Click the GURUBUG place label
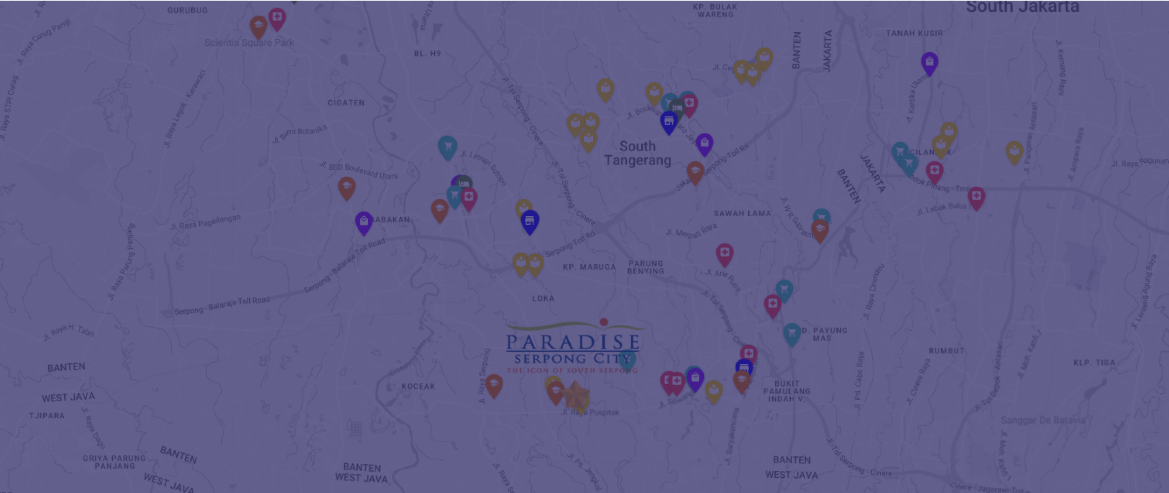coord(187,10)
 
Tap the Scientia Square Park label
coord(249,43)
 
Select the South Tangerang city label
coord(637,153)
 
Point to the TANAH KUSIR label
coord(914,33)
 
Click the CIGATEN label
coord(346,103)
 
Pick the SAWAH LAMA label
coord(742,213)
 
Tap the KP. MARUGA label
coord(589,267)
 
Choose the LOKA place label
coord(543,298)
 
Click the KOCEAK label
coord(418,386)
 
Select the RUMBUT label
coord(946,351)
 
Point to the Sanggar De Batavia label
coord(1042,420)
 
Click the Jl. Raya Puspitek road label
coord(589,412)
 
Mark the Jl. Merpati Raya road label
coord(691,230)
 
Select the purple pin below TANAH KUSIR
coord(929,62)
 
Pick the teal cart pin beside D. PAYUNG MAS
coord(792,334)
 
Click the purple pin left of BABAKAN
coord(364,222)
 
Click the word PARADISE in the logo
coord(573,342)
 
